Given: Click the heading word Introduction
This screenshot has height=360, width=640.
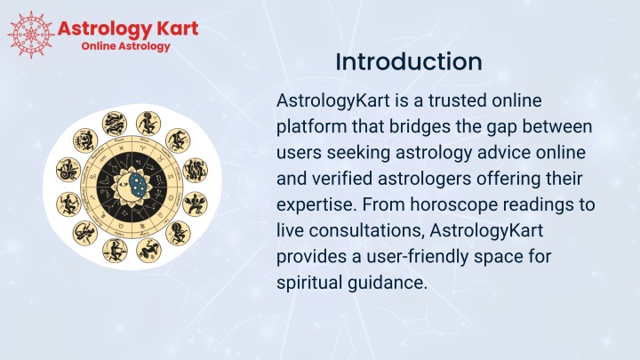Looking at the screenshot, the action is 409,61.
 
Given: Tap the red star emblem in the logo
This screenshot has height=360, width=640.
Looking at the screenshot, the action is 31,35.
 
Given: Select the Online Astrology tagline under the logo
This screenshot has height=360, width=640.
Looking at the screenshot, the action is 125,46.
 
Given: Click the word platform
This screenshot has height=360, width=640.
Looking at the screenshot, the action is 311,127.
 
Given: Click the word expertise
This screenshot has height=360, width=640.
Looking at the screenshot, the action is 315,205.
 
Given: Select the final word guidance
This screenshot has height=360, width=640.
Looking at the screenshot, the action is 388,283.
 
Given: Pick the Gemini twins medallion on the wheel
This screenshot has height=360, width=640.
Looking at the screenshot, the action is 196,170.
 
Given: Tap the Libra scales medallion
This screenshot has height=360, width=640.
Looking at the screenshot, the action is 115,250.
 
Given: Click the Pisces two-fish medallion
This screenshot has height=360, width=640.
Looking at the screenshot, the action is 115,124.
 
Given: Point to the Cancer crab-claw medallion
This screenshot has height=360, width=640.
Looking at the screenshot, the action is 195,204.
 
